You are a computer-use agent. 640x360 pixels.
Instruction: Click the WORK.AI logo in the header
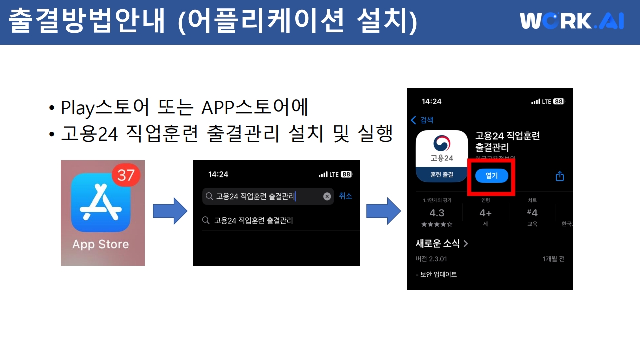click(571, 21)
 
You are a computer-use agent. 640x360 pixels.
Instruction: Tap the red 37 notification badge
click(126, 174)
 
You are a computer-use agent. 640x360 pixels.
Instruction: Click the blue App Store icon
click(101, 203)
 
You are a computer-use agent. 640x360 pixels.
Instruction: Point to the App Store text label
click(101, 244)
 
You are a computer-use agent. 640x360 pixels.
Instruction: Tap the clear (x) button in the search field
click(327, 196)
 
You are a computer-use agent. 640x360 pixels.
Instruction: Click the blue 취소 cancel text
click(345, 196)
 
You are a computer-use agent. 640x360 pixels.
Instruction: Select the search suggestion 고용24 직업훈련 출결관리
click(253, 220)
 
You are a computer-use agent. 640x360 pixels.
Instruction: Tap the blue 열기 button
click(491, 176)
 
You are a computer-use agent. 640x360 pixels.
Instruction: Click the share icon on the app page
click(560, 176)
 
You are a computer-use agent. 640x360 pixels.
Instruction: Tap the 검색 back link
click(422, 120)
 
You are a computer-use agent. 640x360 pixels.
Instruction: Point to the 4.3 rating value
click(437, 213)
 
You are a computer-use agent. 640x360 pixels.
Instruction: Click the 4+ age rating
click(485, 213)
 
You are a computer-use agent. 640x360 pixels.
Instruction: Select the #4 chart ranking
click(532, 213)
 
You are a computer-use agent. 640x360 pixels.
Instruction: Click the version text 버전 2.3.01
click(431, 259)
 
